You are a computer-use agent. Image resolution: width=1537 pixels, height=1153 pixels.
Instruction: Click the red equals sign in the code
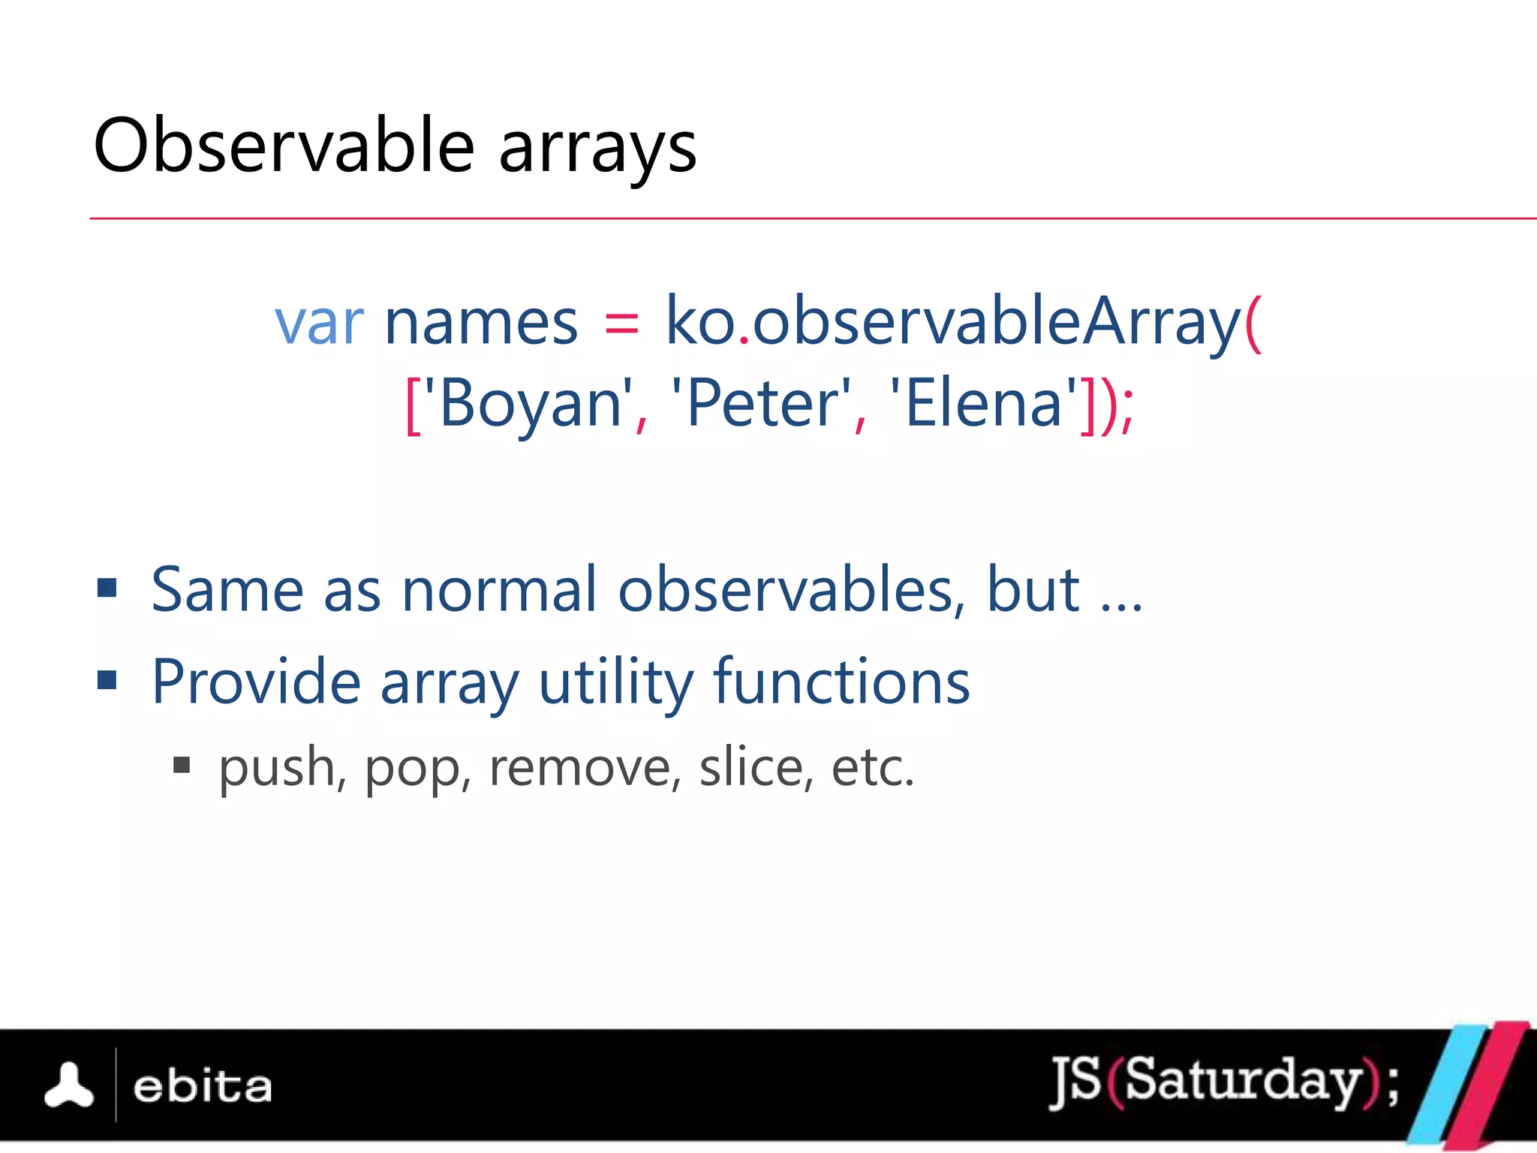coord(621,323)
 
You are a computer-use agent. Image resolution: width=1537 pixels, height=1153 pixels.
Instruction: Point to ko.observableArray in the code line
coord(953,321)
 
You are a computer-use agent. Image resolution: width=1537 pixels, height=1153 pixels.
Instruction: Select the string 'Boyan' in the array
coord(528,404)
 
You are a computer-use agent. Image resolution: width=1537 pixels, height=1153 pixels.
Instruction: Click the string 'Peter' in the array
coord(761,404)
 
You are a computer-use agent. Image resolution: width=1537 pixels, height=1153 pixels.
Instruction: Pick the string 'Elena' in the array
coord(982,404)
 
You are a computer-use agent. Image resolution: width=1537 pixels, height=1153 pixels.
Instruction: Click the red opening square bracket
coord(412,405)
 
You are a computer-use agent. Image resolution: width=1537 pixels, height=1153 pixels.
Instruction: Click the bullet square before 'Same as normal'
coord(107,588)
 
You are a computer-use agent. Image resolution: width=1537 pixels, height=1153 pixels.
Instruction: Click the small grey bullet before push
coord(181,765)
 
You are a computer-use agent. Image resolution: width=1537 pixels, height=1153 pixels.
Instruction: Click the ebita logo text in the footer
coord(203,1086)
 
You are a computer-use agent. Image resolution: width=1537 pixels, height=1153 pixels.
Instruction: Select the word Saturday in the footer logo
coord(1243,1081)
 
